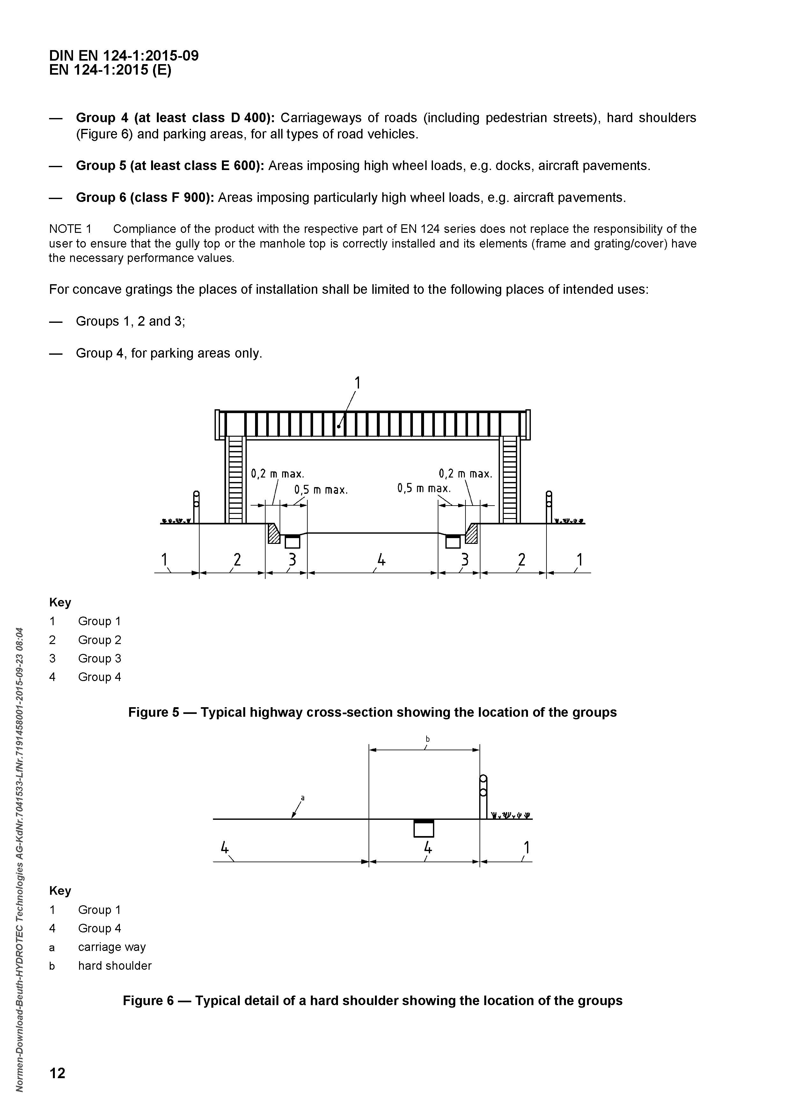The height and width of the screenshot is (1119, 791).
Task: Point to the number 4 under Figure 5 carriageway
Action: click(381, 560)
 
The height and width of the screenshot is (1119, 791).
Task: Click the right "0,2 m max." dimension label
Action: click(465, 474)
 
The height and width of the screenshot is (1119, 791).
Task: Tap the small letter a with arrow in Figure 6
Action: click(303, 798)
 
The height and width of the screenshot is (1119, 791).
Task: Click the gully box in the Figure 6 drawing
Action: click(423, 828)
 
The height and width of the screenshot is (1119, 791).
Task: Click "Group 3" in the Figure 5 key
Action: click(100, 658)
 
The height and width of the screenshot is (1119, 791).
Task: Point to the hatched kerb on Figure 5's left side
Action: click(274, 534)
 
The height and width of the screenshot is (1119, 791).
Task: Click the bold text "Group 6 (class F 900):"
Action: click(145, 198)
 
